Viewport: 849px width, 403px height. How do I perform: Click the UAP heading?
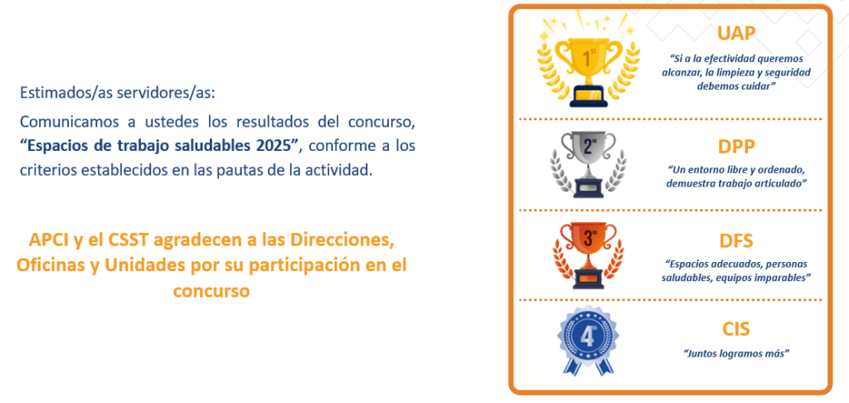pyautogui.click(x=736, y=33)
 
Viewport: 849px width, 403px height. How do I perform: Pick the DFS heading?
pyautogui.click(x=736, y=240)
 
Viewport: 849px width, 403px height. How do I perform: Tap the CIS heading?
pyautogui.click(x=736, y=329)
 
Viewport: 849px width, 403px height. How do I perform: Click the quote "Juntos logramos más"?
pyautogui.click(x=736, y=353)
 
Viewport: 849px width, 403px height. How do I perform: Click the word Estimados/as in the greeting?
pyautogui.click(x=55, y=93)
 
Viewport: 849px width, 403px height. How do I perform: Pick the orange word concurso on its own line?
pyautogui.click(x=211, y=291)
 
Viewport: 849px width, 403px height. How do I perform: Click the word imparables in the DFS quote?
pyautogui.click(x=782, y=278)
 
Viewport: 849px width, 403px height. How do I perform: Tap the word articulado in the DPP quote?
pyautogui.click(x=783, y=184)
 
